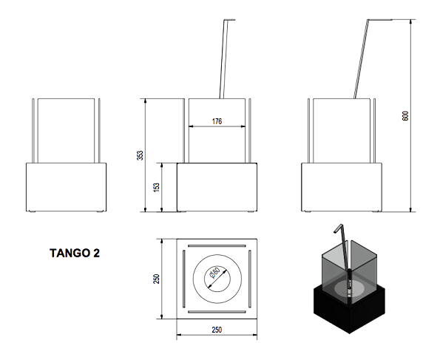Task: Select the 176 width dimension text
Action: tap(217, 120)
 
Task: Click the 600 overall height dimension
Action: tap(405, 118)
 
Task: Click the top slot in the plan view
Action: tap(217, 245)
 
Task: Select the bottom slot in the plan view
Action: tap(217, 311)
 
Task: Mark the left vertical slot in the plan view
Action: tap(185, 278)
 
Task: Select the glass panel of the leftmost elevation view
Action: tap(64, 129)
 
